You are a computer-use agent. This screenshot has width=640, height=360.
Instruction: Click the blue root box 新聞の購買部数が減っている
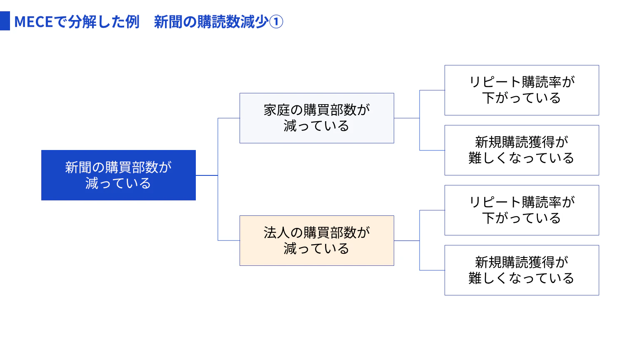coord(119,175)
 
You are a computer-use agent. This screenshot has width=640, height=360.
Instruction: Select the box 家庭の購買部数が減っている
coord(317,118)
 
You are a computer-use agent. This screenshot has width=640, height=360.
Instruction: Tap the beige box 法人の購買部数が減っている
coord(317,240)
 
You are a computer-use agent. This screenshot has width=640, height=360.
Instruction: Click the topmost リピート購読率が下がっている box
coord(522,90)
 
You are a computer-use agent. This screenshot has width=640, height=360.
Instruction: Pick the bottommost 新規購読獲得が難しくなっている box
coord(522,270)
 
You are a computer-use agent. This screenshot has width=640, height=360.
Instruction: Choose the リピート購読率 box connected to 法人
coord(522,210)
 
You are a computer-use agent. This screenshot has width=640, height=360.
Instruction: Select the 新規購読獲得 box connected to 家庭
coord(522,150)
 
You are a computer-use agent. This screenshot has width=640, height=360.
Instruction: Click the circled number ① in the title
coord(276,22)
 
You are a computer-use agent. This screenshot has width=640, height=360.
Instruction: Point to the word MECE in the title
coord(34,22)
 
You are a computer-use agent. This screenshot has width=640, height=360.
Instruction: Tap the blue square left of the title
coord(5,21)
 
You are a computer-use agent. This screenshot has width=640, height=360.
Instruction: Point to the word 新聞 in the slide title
coord(168,22)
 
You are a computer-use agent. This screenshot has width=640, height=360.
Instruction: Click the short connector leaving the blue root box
coord(207,175)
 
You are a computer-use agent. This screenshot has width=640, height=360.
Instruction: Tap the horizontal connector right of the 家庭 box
coord(407,118)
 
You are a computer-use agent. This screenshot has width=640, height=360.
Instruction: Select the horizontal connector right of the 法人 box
coord(407,240)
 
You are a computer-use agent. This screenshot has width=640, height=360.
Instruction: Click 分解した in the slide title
coord(97,22)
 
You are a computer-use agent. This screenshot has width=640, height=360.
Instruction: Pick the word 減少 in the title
coord(254,22)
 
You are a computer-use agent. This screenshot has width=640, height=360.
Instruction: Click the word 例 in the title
coord(132,22)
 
